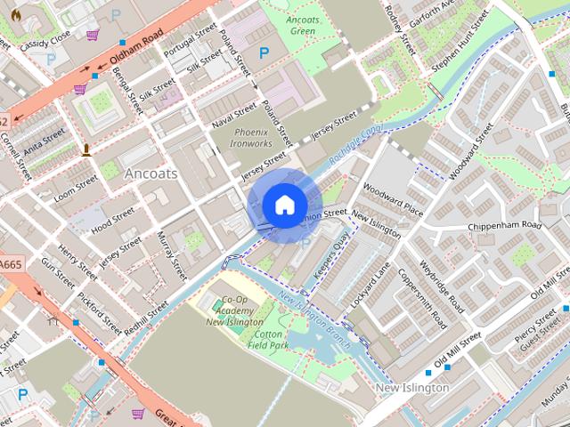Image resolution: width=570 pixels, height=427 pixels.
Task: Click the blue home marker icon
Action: point(284,205)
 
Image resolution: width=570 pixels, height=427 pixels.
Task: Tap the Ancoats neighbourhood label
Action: point(151,173)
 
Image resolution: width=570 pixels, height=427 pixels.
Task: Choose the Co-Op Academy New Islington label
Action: point(234,311)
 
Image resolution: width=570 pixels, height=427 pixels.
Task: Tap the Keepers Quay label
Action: point(330,254)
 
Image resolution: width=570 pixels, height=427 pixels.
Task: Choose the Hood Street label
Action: point(113,219)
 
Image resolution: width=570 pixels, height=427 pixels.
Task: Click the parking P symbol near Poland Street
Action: point(263,53)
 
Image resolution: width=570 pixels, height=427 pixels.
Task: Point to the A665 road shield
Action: point(12,265)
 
